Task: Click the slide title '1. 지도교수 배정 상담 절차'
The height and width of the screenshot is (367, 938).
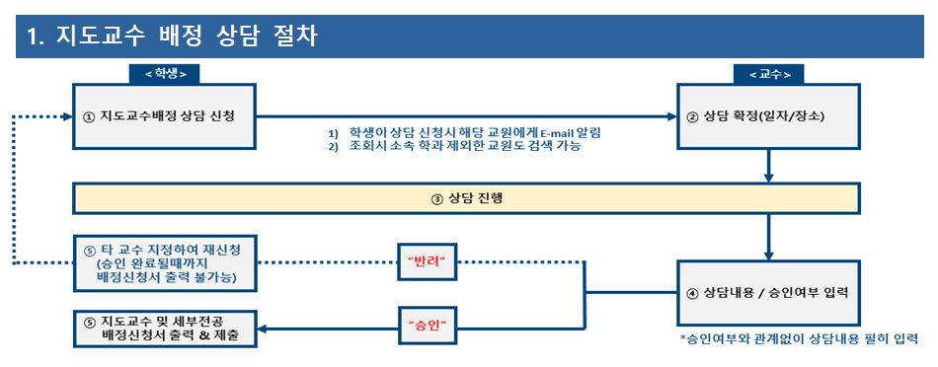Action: point(172,37)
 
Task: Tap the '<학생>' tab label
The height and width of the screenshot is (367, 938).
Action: point(165,74)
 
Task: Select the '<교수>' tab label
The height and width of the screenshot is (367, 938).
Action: point(769,74)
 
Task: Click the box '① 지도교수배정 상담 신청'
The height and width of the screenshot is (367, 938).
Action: point(165,116)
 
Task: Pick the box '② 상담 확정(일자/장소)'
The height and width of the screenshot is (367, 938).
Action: point(769,116)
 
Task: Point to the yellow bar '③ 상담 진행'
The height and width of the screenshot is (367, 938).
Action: point(467,198)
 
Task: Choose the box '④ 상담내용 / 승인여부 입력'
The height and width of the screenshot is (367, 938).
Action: point(769,293)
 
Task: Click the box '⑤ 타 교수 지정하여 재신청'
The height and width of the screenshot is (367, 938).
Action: point(165,263)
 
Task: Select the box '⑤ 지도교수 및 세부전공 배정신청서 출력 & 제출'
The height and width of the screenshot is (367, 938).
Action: point(165,329)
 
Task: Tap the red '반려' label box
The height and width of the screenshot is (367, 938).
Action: point(428,261)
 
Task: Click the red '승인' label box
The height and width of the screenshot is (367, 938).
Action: point(428,326)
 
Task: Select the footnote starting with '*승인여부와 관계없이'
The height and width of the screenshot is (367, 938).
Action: point(798,338)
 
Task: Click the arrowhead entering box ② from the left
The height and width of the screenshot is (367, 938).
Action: point(671,116)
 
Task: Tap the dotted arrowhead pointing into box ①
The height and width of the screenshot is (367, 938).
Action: point(67,116)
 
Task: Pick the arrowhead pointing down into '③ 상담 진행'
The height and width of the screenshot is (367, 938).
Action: point(769,178)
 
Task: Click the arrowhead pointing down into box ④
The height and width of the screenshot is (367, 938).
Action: point(769,255)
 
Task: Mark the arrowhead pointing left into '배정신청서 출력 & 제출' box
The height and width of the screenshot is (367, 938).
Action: point(262,329)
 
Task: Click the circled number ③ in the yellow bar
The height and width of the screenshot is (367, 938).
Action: point(436,199)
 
